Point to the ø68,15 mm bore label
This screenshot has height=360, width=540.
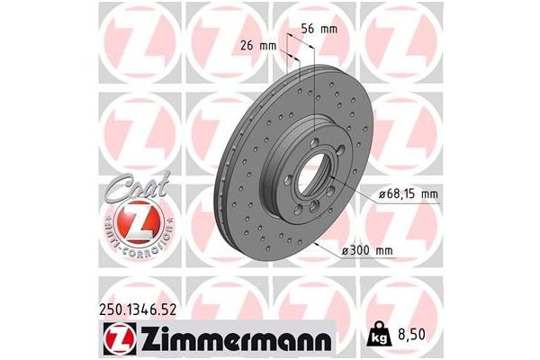(404, 193)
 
